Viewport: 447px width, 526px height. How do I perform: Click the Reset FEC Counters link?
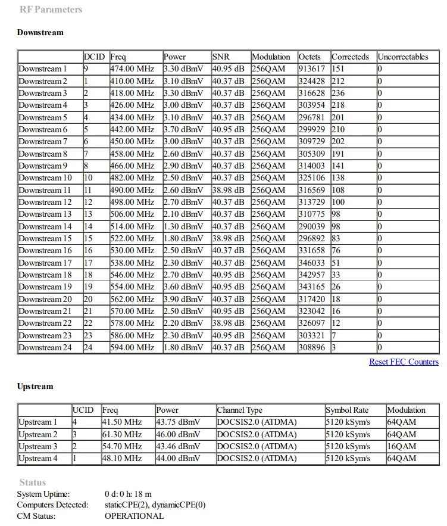pos(404,362)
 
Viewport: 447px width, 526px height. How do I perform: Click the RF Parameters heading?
pos(51,10)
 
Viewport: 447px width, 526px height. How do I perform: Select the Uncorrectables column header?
pos(402,57)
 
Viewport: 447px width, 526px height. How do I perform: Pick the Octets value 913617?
pos(312,69)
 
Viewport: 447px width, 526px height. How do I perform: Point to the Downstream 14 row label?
pos(45,226)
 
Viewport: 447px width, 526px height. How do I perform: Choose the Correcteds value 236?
pos(338,93)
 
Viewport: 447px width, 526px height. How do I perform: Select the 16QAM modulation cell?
pos(402,446)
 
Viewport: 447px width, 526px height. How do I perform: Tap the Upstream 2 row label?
pos(39,434)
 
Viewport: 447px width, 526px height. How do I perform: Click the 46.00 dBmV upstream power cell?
pos(178,434)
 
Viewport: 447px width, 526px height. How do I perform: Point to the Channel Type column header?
pos(239,410)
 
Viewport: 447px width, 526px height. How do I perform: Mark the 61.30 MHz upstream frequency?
pos(122,434)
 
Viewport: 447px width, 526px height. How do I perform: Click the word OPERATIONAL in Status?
pos(134,516)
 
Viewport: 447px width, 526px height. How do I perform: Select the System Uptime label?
pos(43,493)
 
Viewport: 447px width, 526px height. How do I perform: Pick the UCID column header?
pos(83,410)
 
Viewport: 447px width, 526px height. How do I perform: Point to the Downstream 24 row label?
pos(45,347)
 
